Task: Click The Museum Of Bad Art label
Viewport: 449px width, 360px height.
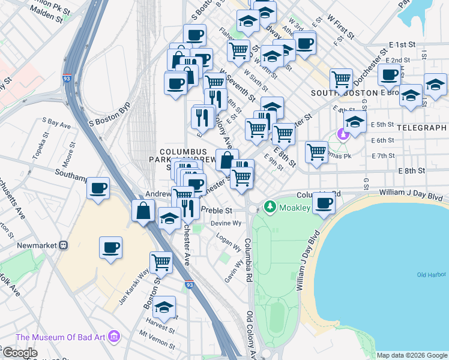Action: click(62, 337)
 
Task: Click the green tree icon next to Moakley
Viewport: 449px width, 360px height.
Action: click(270, 208)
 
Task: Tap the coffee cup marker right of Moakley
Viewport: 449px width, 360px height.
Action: click(324, 203)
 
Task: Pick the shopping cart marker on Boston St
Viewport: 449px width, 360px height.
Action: click(161, 262)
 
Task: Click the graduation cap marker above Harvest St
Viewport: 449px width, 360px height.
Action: click(164, 307)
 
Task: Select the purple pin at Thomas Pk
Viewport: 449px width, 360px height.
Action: click(344, 134)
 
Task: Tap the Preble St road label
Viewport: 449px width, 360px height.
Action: click(217, 211)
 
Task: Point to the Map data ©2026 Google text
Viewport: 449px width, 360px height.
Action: click(412, 355)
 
